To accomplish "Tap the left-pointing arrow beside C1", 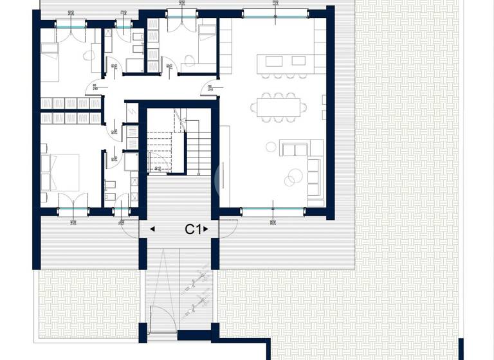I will (152, 228).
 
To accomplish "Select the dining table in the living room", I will (279, 105).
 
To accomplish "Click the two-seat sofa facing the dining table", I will (293, 149).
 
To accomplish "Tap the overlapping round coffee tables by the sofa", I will (294, 175).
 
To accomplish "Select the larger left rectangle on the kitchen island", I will (271, 60).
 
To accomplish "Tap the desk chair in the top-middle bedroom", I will (188, 59).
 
